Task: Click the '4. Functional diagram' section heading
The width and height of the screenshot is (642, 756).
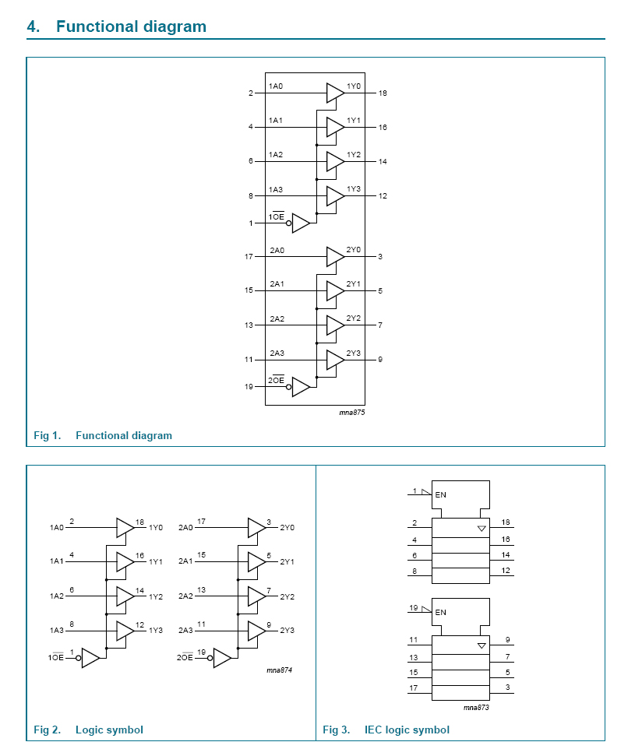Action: [117, 26]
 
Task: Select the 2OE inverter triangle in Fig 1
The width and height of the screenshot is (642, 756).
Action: [301, 387]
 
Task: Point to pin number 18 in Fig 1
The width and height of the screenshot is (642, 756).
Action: [383, 93]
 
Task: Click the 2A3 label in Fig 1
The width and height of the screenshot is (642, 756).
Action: [277, 353]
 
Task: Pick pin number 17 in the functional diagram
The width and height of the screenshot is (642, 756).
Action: [249, 256]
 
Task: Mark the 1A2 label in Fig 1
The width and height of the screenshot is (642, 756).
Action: [276, 155]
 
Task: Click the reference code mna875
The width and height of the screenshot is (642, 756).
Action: [352, 412]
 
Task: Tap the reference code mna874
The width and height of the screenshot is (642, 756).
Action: [279, 670]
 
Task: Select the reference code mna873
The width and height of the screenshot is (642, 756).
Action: [476, 707]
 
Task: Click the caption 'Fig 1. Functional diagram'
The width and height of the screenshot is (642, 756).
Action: [103, 435]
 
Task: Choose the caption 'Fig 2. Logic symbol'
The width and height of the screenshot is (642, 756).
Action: [88, 730]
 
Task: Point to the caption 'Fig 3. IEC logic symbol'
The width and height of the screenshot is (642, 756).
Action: [386, 730]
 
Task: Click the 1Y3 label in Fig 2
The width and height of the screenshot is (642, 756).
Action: [156, 631]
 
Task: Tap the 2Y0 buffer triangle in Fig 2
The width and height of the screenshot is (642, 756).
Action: [256, 528]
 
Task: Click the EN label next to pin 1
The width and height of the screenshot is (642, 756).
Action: [441, 495]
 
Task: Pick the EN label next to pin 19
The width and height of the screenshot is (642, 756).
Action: [441, 612]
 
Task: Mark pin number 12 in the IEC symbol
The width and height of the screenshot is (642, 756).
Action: [506, 571]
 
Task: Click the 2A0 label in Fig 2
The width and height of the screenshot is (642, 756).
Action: [186, 528]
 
